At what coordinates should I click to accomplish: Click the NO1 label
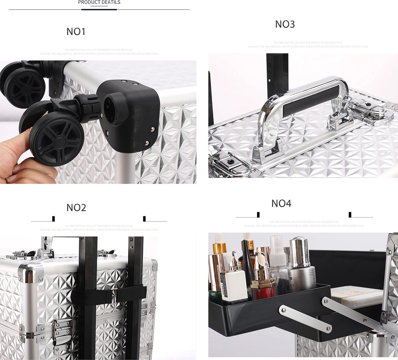76,31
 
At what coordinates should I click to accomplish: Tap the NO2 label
76,208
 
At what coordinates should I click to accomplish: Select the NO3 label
285,24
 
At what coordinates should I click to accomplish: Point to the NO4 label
281,203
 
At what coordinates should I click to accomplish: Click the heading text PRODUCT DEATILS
99,2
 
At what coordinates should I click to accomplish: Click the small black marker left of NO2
53,218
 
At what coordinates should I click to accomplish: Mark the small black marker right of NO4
350,215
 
